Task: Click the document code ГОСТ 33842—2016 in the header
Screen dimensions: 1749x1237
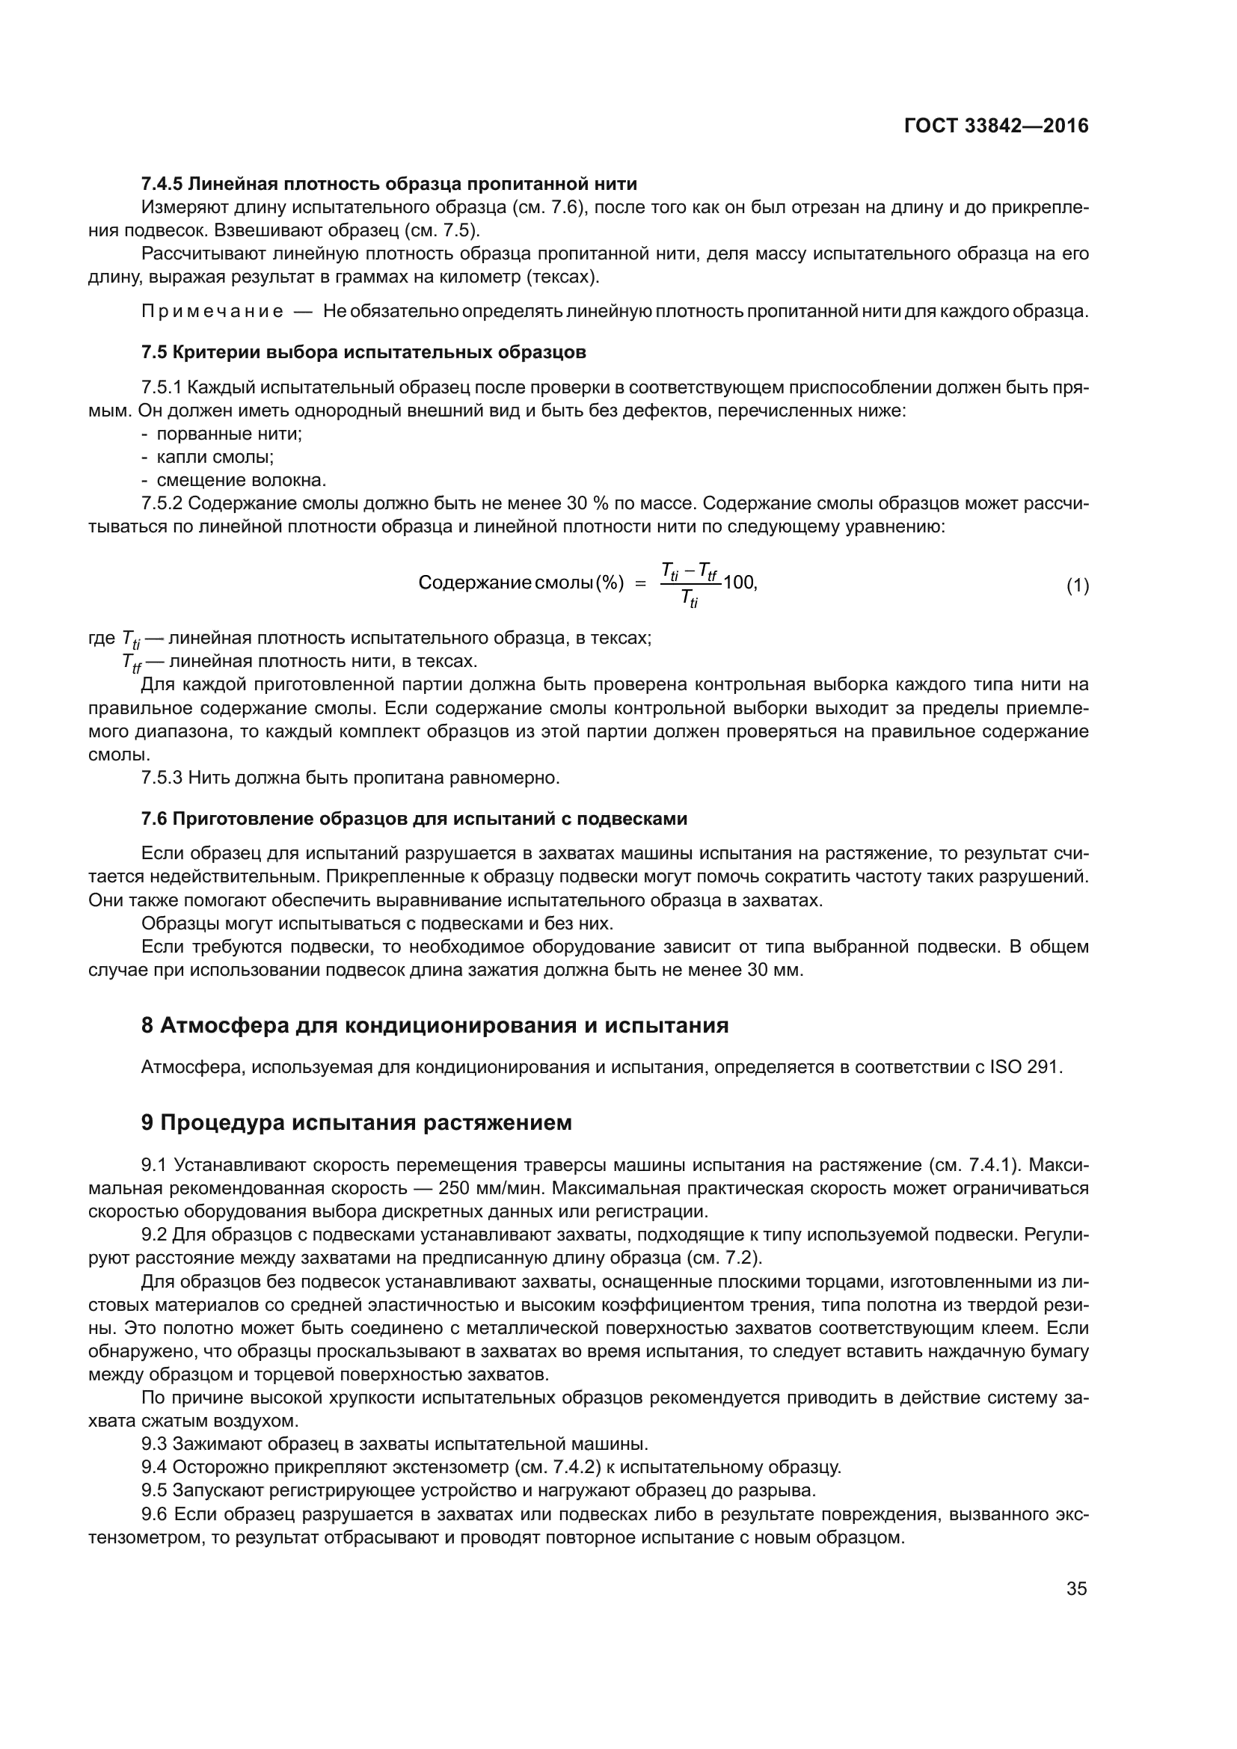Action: tap(995, 126)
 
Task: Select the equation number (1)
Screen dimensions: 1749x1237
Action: tap(1077, 585)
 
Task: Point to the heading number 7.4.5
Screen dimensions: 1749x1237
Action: tap(162, 184)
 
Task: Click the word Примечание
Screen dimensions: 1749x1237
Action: tap(212, 312)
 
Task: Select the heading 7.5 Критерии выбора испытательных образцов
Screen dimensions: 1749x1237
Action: tap(363, 353)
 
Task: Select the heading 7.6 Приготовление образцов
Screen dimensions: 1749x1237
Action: tap(414, 819)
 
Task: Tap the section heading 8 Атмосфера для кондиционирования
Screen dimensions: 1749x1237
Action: tap(435, 1026)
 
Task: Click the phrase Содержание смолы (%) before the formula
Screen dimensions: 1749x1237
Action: tap(521, 583)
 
